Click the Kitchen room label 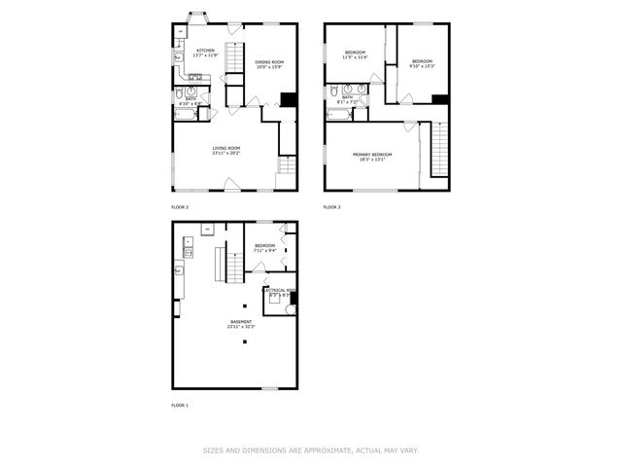click(x=205, y=54)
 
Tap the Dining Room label click(x=269, y=65)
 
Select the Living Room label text click(x=226, y=151)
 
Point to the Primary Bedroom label click(x=372, y=157)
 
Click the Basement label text click(x=240, y=324)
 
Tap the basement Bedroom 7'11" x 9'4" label click(x=264, y=248)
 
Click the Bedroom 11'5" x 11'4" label click(x=355, y=54)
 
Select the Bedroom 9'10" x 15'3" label click(x=422, y=63)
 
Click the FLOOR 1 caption click(x=180, y=405)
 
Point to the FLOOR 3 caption click(x=332, y=207)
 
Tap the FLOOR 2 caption click(x=180, y=207)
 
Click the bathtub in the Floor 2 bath click(x=186, y=114)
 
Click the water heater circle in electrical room click(x=290, y=309)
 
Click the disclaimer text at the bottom click(x=311, y=449)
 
